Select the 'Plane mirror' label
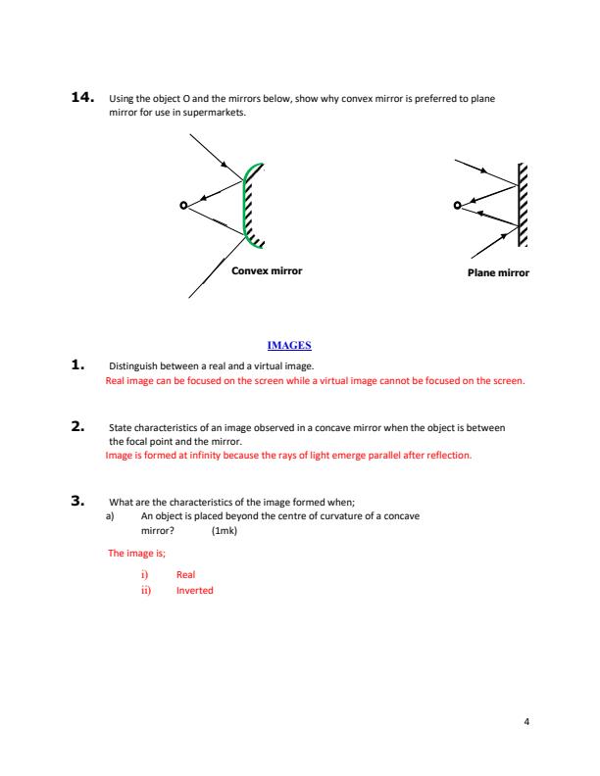499,273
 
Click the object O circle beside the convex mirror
182,206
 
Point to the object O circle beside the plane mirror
457,206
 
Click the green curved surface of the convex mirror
245,206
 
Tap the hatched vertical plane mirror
522,205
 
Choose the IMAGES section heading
289,345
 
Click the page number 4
526,722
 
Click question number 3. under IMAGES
81,501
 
